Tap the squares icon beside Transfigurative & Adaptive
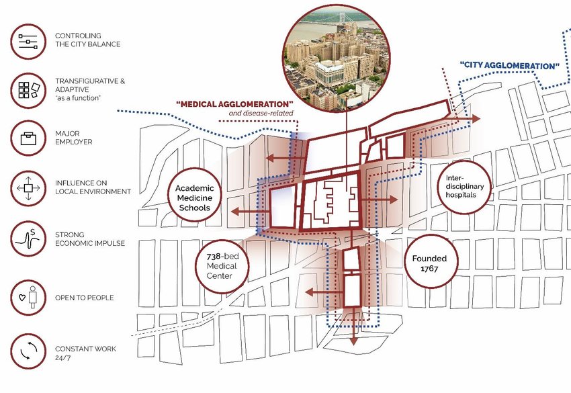[28, 89]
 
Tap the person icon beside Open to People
[28, 297]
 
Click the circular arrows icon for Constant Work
[28, 351]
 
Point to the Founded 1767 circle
[425, 263]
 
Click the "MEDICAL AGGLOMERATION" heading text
[235, 104]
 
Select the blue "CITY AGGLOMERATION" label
[510, 67]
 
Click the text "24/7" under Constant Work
[62, 358]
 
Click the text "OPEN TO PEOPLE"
[85, 298]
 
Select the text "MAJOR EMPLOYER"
[74, 142]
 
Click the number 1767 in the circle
[425, 269]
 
